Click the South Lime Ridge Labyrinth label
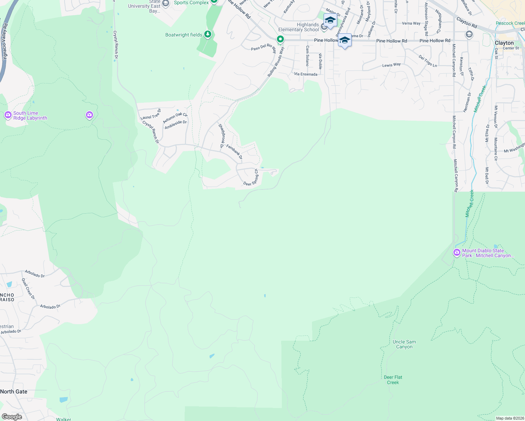pyautogui.click(x=30, y=116)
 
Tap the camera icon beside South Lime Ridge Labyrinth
pyautogui.click(x=8, y=115)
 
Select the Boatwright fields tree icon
pyautogui.click(x=208, y=34)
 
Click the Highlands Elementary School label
pyautogui.click(x=299, y=27)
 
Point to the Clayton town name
pyautogui.click(x=504, y=43)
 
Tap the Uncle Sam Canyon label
pyautogui.click(x=404, y=344)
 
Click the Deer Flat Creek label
pyautogui.click(x=393, y=380)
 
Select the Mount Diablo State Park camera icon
pyautogui.click(x=457, y=252)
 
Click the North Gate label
pyautogui.click(x=14, y=392)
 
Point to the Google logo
pyautogui.click(x=12, y=417)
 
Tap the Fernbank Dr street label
pyautogui.click(x=234, y=152)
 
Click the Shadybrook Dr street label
pyautogui.click(x=221, y=135)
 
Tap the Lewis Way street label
pyautogui.click(x=391, y=65)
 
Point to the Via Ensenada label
pyautogui.click(x=306, y=74)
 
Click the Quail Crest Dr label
pyautogui.click(x=28, y=289)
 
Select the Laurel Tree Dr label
pyautogui.click(x=151, y=115)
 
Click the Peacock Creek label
pyautogui.click(x=510, y=24)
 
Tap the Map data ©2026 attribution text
pyautogui.click(x=510, y=418)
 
